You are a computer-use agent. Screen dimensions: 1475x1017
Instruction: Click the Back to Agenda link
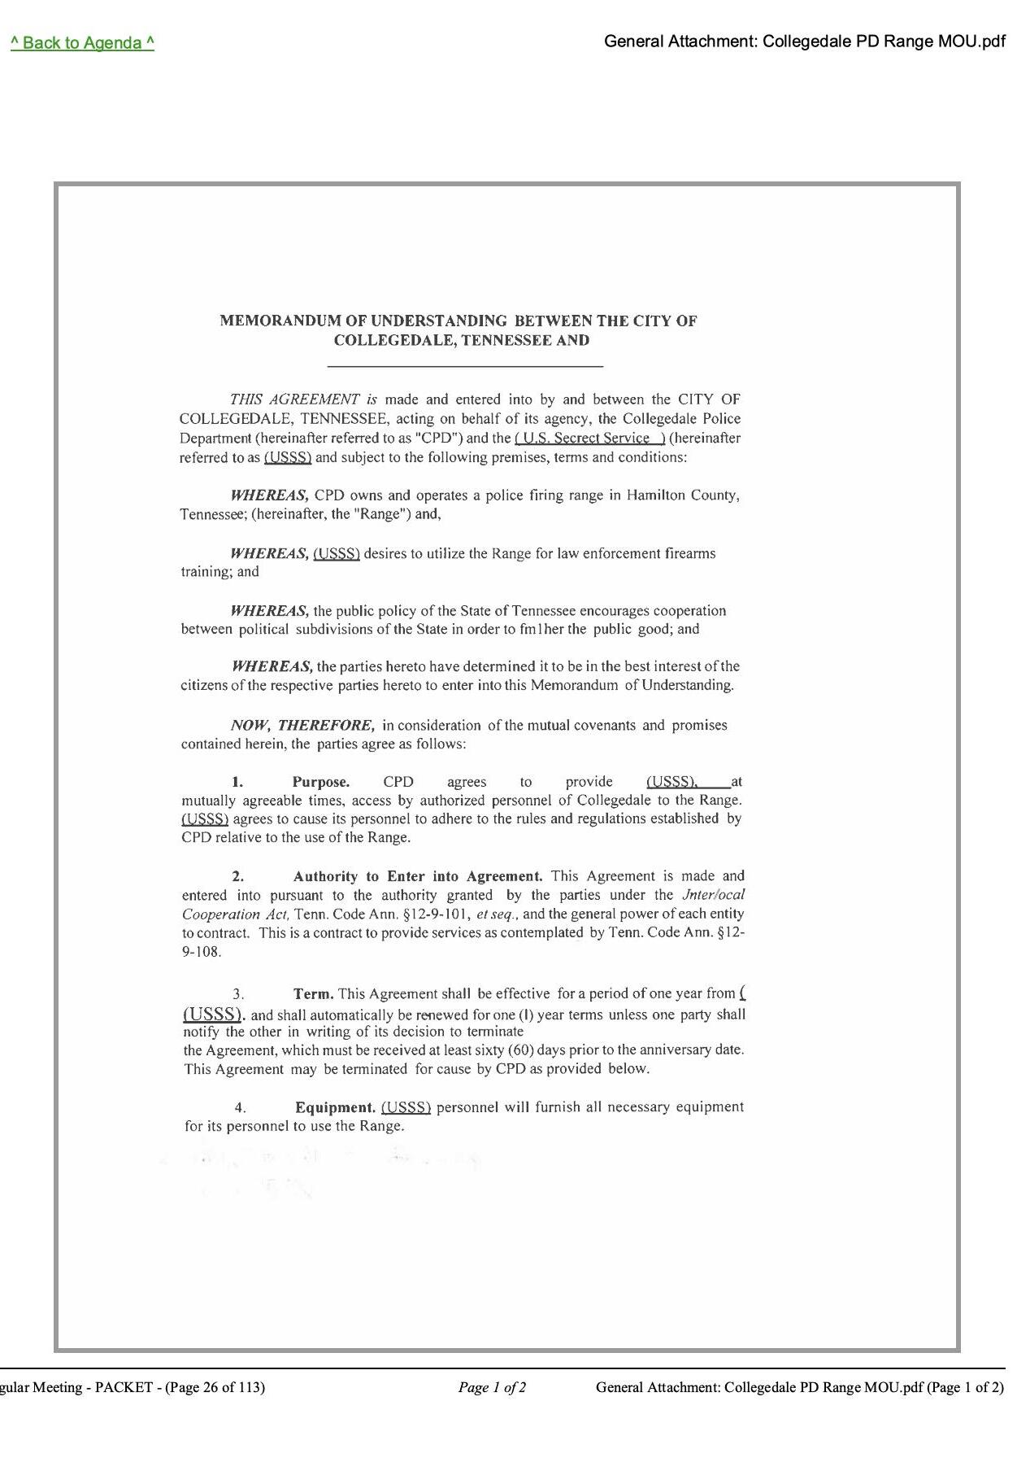[x=82, y=43]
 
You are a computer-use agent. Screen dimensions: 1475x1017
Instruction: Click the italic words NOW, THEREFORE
[x=302, y=725]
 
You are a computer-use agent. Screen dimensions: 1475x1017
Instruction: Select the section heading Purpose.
[x=321, y=782]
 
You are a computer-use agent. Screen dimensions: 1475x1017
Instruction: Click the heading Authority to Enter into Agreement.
[x=418, y=876]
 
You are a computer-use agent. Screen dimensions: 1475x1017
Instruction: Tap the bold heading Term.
[x=314, y=993]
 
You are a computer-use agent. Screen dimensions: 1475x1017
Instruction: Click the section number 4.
[x=240, y=1107]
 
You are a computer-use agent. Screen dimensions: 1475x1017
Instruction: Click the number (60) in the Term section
[x=520, y=1050]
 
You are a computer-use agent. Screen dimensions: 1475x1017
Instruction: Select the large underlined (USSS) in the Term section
[x=213, y=1014]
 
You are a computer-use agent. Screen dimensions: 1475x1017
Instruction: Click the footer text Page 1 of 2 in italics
[x=492, y=1387]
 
